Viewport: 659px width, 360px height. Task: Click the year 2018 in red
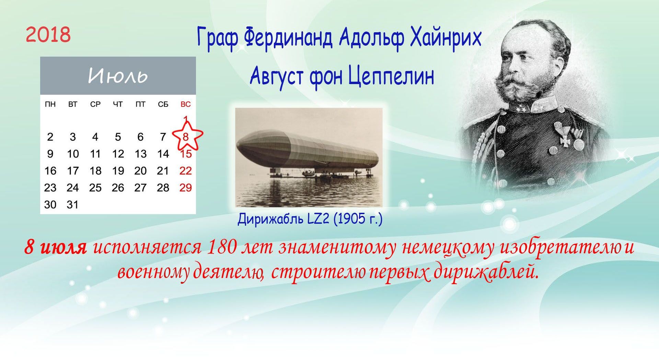click(48, 35)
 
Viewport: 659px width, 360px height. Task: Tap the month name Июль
click(118, 76)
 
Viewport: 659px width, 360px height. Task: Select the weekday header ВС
click(185, 104)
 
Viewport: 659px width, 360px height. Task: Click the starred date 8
click(185, 137)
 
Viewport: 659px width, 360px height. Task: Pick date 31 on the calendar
click(72, 205)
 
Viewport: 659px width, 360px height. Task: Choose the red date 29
click(185, 188)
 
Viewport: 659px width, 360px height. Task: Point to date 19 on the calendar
click(118, 171)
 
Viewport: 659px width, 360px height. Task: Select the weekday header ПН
click(50, 104)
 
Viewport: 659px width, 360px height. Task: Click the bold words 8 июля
click(55, 248)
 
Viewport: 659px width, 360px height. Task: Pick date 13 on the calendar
click(140, 154)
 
